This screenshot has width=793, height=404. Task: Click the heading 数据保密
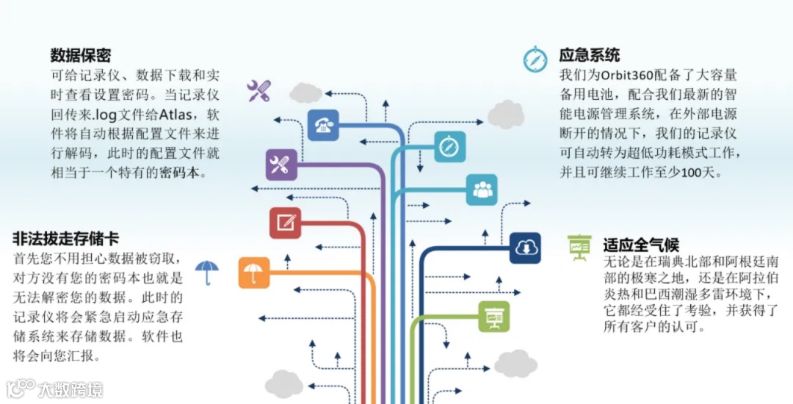click(81, 56)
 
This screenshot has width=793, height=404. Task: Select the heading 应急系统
click(590, 55)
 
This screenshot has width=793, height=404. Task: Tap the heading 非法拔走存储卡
click(65, 239)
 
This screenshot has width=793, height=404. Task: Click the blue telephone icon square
click(322, 124)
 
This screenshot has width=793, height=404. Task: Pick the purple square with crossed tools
click(280, 165)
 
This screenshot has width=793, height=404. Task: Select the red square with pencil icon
click(285, 223)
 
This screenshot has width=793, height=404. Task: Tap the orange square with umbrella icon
click(253, 273)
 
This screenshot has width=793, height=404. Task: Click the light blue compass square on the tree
click(449, 147)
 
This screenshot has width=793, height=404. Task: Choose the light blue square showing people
click(482, 190)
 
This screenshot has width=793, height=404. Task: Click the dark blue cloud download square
click(525, 248)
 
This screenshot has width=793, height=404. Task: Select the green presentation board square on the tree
click(493, 316)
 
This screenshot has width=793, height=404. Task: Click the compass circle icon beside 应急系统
click(535, 59)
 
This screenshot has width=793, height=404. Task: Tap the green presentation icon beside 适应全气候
click(579, 248)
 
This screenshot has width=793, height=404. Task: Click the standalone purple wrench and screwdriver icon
click(258, 91)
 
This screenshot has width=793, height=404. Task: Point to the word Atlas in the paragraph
click(188, 115)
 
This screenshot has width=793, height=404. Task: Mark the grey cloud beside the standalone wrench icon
click(305, 93)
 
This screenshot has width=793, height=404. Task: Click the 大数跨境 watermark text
click(70, 389)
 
